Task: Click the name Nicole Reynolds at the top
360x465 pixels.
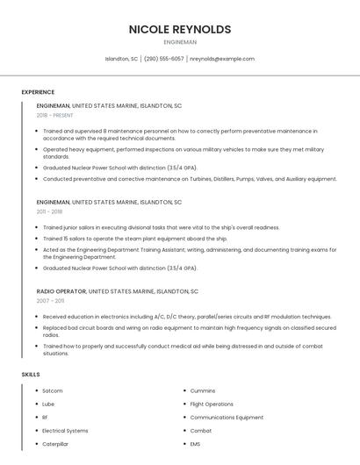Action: pyautogui.click(x=180, y=29)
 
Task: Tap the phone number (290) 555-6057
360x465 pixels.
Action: pyautogui.click(x=163, y=59)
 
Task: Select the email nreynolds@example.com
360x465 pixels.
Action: pyautogui.click(x=222, y=59)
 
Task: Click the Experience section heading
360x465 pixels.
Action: pyautogui.click(x=38, y=92)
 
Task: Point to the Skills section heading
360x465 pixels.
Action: pyautogui.click(x=31, y=375)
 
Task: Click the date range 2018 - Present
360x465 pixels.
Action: pyautogui.click(x=54, y=115)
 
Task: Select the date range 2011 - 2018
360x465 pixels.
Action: pyautogui.click(x=49, y=211)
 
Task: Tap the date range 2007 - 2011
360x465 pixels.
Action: pyautogui.click(x=49, y=300)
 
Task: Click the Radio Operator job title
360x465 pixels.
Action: pyautogui.click(x=61, y=290)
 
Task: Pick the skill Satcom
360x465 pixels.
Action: pyautogui.click(x=53, y=390)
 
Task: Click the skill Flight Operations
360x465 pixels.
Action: pyautogui.click(x=212, y=404)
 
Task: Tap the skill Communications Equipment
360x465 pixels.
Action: pyautogui.click(x=227, y=418)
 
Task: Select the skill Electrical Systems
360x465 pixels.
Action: pyautogui.click(x=65, y=431)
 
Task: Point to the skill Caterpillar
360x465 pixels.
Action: pyautogui.click(x=55, y=444)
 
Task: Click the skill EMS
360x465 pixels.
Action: pyautogui.click(x=196, y=444)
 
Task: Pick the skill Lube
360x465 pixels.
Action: pyautogui.click(x=48, y=404)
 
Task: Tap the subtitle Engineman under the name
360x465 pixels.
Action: pyautogui.click(x=180, y=42)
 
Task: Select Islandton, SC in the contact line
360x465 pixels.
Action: pyautogui.click(x=122, y=59)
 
